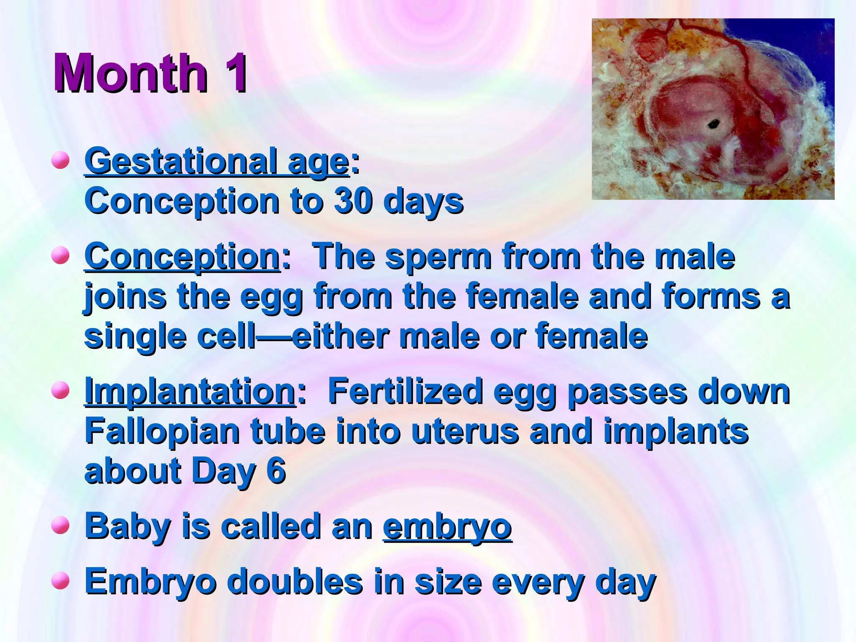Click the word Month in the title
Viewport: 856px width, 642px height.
pyautogui.click(x=130, y=73)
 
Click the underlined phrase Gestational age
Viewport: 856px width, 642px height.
pyautogui.click(x=217, y=162)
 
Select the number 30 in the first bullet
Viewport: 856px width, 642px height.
pyautogui.click(x=353, y=201)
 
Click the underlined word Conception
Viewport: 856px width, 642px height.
pyautogui.click(x=182, y=256)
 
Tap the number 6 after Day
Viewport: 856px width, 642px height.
pyautogui.click(x=276, y=471)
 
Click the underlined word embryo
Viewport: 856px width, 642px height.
pyautogui.click(x=447, y=527)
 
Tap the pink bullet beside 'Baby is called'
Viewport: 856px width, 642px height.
pyautogui.click(x=61, y=525)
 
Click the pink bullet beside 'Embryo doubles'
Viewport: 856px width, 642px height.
pyautogui.click(x=61, y=581)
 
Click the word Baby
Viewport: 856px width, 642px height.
pyautogui.click(x=127, y=527)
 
